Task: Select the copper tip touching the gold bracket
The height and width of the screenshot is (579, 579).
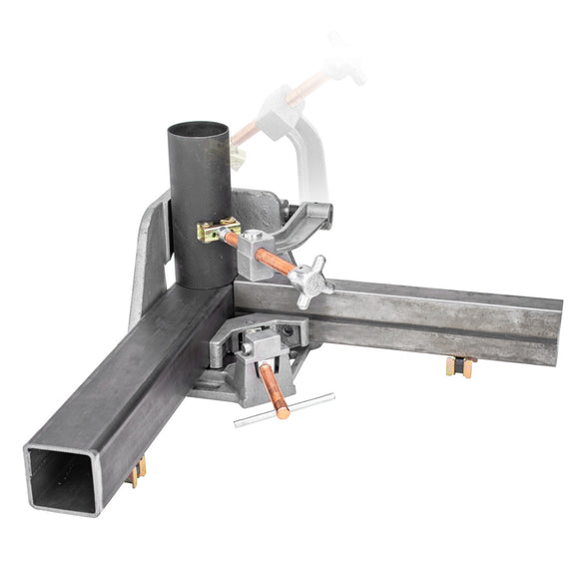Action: click(x=232, y=240)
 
